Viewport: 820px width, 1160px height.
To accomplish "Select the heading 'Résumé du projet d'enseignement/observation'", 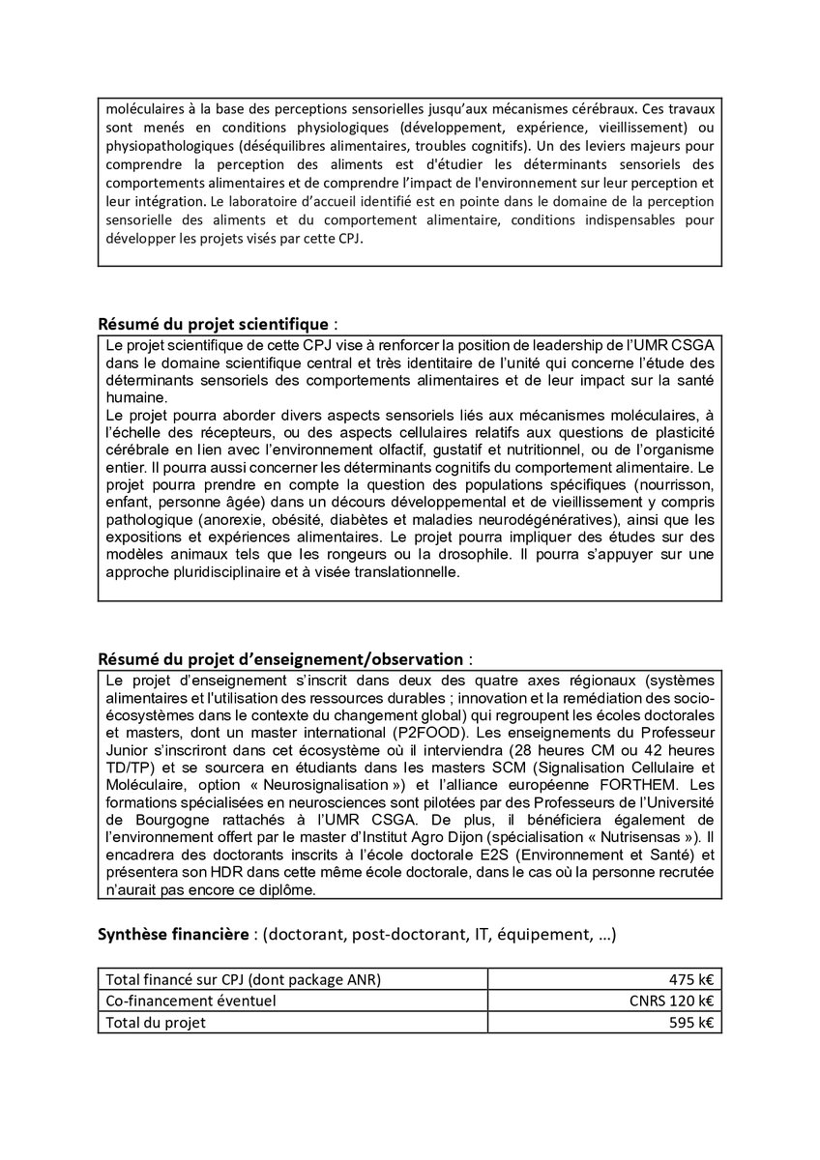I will click(280, 659).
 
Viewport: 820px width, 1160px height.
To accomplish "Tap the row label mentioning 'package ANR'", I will click(243, 979).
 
